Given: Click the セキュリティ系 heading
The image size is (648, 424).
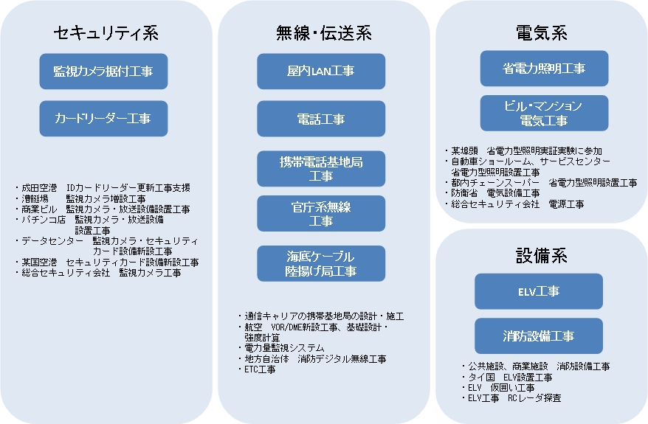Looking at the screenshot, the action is [106, 33].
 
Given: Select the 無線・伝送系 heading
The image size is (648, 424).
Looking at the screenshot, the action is [323, 33].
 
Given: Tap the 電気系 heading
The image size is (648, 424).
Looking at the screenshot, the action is [542, 33].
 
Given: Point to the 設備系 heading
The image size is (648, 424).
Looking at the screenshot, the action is [542, 256].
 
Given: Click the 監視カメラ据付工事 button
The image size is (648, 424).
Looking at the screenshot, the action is [103, 72].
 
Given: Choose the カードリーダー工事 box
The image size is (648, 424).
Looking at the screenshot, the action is [103, 119].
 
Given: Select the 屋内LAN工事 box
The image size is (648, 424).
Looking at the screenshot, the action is [321, 72].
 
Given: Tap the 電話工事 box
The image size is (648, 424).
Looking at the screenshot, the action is [321, 119].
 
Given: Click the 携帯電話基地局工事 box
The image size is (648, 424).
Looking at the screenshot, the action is [321, 168].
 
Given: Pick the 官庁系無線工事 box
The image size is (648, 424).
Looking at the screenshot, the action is [321, 213].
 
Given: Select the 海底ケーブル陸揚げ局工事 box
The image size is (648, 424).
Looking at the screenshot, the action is [321, 263].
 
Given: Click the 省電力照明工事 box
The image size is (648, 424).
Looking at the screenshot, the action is [544, 69].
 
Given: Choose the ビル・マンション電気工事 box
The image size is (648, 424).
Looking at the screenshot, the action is [544, 113].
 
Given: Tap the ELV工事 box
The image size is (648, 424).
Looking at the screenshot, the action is [539, 291].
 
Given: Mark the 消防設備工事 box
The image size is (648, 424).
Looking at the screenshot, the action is [539, 336].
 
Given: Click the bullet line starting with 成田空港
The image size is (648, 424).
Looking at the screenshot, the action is [103, 188].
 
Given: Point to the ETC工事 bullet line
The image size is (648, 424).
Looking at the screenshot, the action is [257, 369].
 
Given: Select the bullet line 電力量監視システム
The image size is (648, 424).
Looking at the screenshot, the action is [281, 348].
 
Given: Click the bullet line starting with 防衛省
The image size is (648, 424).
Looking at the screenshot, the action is [492, 192].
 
